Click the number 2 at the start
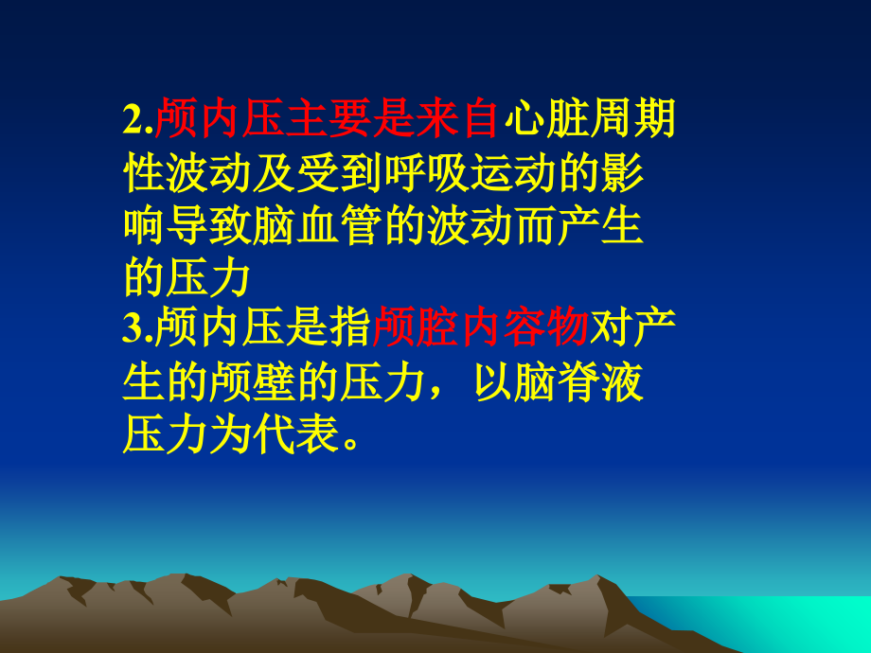point(132,121)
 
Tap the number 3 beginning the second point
point(132,331)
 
